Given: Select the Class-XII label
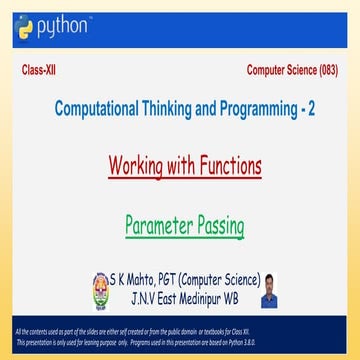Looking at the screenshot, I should point(39,71).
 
